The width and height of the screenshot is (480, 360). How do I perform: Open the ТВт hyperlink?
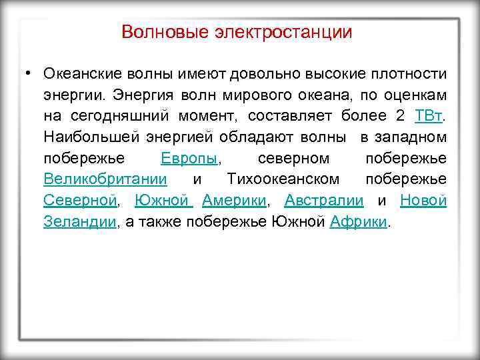coord(428,115)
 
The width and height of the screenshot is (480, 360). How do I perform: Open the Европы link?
coord(189,159)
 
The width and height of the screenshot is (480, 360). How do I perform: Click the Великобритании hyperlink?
coord(105,180)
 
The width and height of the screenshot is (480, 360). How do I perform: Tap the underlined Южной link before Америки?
coord(162,201)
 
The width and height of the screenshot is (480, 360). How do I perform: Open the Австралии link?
coord(324,201)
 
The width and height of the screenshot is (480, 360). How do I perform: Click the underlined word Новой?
coord(423,201)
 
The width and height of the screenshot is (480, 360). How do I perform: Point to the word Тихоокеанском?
coord(283,180)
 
